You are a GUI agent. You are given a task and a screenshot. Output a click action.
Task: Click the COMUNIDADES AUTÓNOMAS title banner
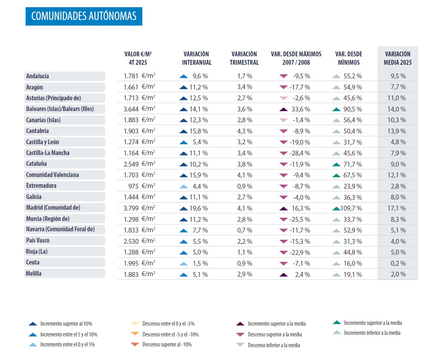(x=84, y=16)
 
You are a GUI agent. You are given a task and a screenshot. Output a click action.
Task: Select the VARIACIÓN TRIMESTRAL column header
(x=245, y=58)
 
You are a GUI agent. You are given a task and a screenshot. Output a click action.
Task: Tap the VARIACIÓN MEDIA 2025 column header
(x=397, y=58)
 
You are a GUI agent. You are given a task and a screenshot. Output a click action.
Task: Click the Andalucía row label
(x=38, y=76)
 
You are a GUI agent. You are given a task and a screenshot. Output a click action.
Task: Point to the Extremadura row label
(x=41, y=185)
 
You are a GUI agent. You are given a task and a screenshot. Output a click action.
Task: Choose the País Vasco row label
(x=38, y=241)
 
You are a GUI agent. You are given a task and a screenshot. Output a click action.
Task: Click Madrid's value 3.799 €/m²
(x=140, y=208)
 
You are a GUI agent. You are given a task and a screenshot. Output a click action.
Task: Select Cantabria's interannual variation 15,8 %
(x=200, y=131)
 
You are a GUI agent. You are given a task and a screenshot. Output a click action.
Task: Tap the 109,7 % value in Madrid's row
(x=352, y=208)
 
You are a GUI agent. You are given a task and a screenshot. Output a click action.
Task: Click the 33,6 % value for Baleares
(x=301, y=109)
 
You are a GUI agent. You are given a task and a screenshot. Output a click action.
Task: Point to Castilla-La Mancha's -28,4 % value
(x=300, y=153)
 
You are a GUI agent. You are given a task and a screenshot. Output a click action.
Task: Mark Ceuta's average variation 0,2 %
(x=398, y=263)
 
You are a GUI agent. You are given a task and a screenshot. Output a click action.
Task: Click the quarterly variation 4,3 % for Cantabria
(x=244, y=131)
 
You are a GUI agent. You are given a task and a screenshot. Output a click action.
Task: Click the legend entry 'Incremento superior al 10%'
(x=66, y=324)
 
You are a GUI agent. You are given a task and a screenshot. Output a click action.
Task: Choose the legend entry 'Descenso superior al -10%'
(x=167, y=344)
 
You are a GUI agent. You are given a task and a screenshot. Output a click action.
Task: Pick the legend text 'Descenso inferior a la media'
(x=273, y=345)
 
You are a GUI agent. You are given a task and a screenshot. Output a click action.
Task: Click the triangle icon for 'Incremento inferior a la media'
(x=337, y=333)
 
